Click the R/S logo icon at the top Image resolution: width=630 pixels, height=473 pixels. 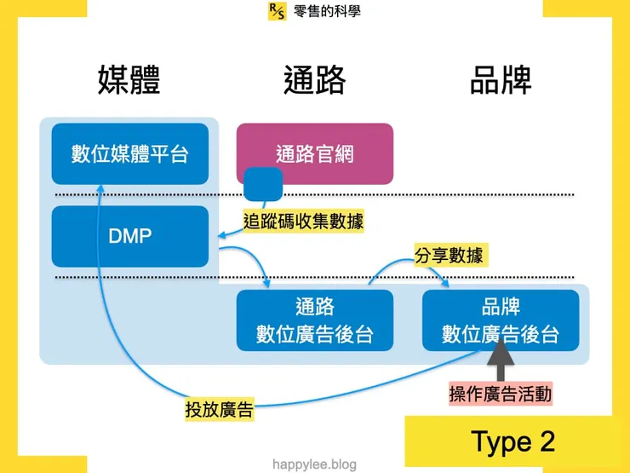(x=277, y=11)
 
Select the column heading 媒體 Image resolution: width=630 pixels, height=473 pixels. (x=129, y=79)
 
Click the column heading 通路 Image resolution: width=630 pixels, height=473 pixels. (x=314, y=79)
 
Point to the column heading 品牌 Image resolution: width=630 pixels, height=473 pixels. (x=501, y=79)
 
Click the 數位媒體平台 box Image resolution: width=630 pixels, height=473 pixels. (x=129, y=153)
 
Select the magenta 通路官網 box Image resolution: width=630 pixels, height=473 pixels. (x=314, y=153)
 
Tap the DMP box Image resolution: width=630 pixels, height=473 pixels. (x=129, y=236)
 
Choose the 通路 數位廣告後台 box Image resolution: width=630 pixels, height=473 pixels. (x=314, y=320)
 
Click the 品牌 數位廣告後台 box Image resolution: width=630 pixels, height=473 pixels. (x=501, y=320)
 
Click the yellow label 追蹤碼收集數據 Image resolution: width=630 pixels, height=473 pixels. (x=303, y=222)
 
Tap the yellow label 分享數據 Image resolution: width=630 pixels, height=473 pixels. (x=452, y=255)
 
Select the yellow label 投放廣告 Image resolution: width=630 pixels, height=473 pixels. (x=219, y=409)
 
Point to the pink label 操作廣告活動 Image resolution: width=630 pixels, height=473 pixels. (x=501, y=393)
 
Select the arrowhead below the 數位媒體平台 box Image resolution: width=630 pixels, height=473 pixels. (x=100, y=189)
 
